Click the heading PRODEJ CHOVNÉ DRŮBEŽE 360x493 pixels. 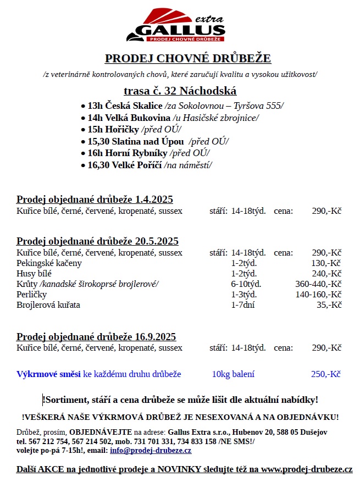[x=188, y=59]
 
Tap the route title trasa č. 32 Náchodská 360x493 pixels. [x=180, y=91]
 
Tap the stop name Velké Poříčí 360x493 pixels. [x=136, y=165]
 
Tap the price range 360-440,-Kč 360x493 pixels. [x=318, y=284]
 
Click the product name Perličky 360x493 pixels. [x=32, y=294]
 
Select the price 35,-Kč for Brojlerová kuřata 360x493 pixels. [x=329, y=304]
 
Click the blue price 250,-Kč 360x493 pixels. [x=326, y=374]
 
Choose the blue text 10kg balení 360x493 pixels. [x=233, y=374]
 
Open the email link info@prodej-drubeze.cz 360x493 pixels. [x=151, y=451]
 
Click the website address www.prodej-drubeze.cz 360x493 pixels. [x=306, y=469]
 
